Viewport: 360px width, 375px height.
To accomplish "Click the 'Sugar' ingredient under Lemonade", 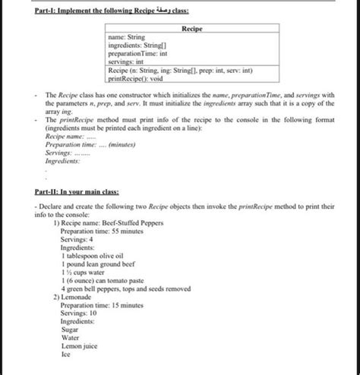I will [71, 331].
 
